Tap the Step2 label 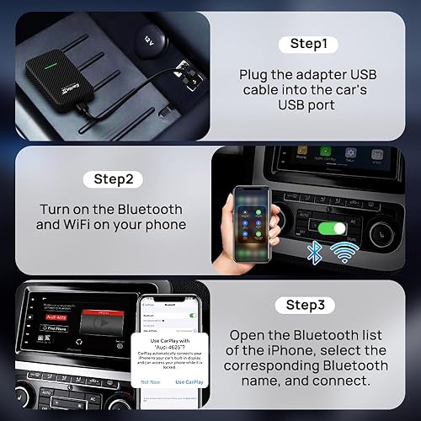click(x=112, y=179)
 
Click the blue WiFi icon click(x=345, y=251)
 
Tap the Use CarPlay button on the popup click(x=192, y=381)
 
